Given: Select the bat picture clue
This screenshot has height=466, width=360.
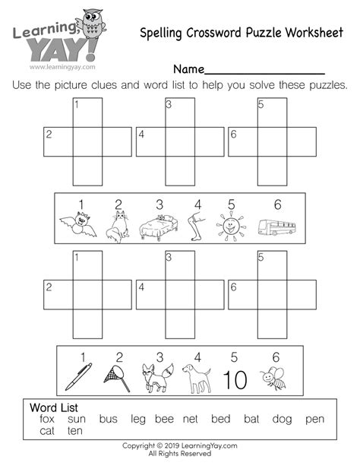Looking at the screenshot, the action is pyautogui.click(x=78, y=226).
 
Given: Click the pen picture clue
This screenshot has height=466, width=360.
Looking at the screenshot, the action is pyautogui.click(x=77, y=375).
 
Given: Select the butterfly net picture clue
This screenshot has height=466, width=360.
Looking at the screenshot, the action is pyautogui.click(x=116, y=373).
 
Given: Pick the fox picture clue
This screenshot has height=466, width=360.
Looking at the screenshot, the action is pyautogui.click(x=154, y=375).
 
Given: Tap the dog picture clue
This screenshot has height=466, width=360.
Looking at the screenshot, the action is pyautogui.click(x=196, y=375).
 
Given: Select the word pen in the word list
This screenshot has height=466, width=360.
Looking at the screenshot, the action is pyautogui.click(x=314, y=419).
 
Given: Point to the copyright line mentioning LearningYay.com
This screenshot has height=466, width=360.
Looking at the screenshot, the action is pyautogui.click(x=180, y=446).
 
